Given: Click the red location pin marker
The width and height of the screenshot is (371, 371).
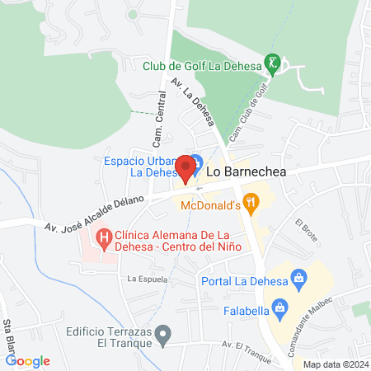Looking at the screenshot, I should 186,167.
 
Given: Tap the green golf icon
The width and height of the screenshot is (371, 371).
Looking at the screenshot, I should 273,63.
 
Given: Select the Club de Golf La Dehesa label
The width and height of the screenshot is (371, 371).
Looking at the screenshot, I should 201,65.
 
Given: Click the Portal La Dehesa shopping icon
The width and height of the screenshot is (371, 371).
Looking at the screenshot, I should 298,277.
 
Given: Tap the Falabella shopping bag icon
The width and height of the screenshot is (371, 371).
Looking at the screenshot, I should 280,309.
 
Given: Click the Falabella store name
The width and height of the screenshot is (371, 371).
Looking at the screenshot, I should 240,310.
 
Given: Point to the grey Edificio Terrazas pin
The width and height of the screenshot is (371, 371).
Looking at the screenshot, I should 164,336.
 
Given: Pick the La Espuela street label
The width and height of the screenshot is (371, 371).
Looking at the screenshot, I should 148,279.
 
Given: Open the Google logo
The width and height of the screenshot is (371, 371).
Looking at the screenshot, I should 27,361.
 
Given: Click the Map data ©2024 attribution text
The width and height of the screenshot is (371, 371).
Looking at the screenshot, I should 335,364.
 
